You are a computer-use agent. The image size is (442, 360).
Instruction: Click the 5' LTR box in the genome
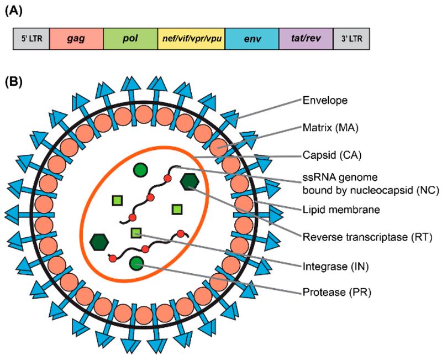(31, 39)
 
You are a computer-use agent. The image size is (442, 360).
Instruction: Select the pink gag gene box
(76, 39)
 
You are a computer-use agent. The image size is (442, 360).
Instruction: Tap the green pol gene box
(130, 39)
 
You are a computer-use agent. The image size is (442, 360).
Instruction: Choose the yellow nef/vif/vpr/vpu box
(191, 39)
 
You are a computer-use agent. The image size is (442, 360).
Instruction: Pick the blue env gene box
(251, 39)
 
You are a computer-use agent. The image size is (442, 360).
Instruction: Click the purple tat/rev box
(306, 39)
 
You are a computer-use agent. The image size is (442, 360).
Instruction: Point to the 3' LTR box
(351, 39)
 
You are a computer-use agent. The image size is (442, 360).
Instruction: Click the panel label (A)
(15, 12)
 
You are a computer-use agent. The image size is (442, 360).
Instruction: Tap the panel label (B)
(15, 82)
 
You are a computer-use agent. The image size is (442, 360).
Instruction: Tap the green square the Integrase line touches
(136, 233)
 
